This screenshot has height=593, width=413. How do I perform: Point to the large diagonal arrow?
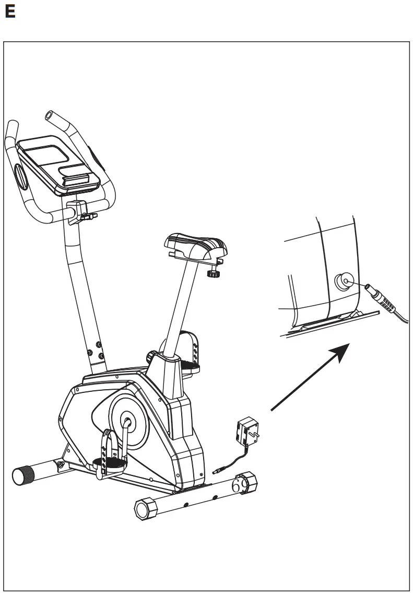[x=309, y=379]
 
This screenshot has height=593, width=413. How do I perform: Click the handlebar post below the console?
[x=84, y=282]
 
